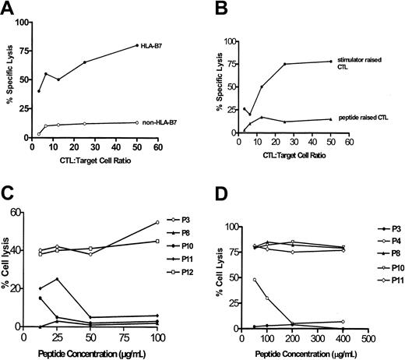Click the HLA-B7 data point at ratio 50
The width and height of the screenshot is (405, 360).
pos(137,45)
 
